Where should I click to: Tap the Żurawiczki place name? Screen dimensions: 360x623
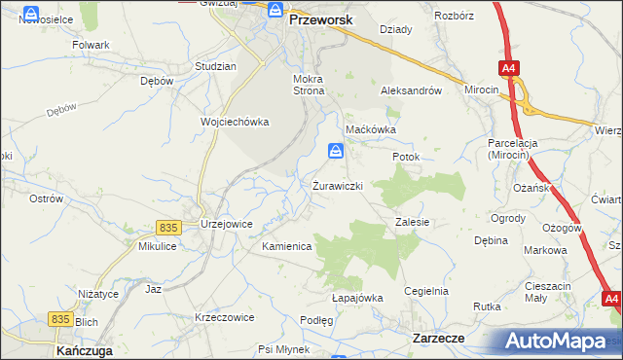tap(338, 185)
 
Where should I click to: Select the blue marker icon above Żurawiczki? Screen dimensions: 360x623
tap(335, 152)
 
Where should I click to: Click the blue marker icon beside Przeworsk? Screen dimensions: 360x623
tap(275, 13)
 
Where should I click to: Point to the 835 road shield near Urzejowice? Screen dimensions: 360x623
tap(166, 227)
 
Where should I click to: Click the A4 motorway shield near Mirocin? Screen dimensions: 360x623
tap(509, 68)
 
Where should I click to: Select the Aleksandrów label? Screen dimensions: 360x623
tap(411, 90)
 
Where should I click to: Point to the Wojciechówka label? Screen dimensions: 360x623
tap(235, 122)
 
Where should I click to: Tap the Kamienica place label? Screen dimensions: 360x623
tap(286, 247)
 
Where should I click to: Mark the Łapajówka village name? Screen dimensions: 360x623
tap(357, 298)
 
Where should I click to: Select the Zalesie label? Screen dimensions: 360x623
tap(413, 222)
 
